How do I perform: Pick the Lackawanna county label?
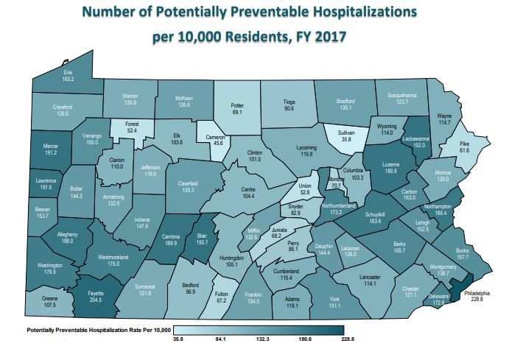coord(416,138)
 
